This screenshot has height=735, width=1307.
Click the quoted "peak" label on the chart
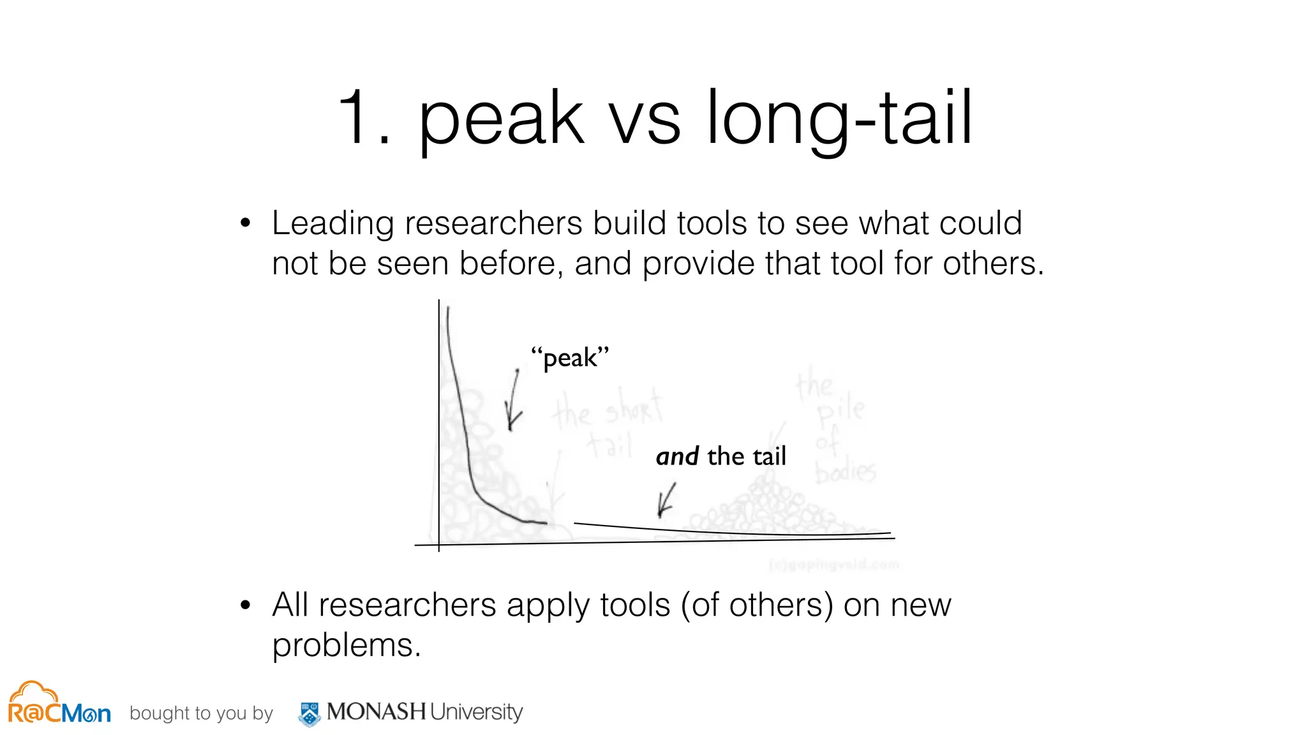pos(570,358)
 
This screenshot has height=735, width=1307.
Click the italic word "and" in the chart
pos(677,457)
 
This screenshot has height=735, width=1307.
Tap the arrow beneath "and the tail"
pos(666,500)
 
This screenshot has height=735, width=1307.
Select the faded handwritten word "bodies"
pos(846,472)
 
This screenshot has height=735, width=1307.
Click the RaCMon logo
pos(59,704)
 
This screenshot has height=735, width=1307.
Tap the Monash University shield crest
pos(310,714)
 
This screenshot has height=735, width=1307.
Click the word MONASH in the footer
pos(376,711)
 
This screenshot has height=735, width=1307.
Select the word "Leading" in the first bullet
pos(332,224)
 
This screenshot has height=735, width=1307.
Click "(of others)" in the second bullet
pos(757,605)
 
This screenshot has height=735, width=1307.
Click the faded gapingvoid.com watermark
pos(834,565)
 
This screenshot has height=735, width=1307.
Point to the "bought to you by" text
pos(201,713)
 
